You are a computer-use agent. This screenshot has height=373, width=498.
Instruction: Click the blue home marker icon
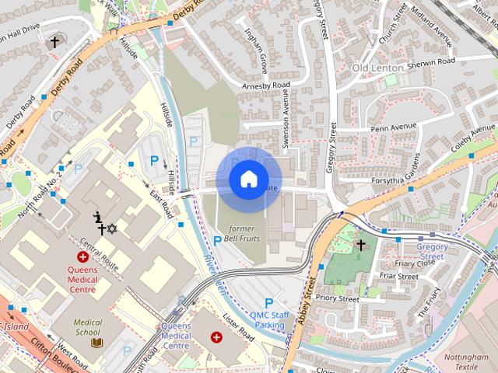248,179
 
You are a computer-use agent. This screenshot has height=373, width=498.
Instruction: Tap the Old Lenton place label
377,68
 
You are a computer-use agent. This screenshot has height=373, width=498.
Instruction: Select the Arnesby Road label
265,85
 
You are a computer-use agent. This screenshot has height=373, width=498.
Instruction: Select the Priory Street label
338,298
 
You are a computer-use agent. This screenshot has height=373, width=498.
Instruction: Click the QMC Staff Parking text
269,319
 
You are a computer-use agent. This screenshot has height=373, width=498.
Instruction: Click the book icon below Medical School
97,342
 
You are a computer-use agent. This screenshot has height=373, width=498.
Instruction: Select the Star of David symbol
111,228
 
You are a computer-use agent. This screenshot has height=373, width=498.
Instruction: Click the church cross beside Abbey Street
360,245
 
